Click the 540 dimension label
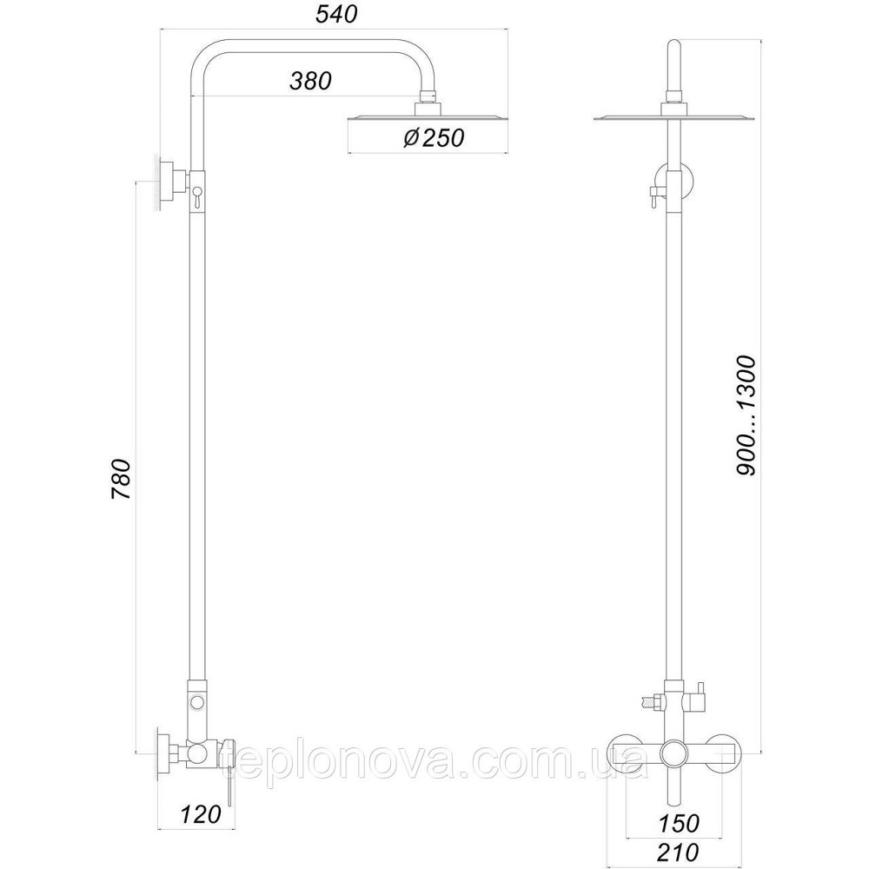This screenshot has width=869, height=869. (336, 15)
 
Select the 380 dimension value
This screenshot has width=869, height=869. (310, 81)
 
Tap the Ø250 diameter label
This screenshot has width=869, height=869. (433, 137)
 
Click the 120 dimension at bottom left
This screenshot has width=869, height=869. (200, 814)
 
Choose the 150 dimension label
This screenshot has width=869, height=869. (680, 823)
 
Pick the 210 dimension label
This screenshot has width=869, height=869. (679, 852)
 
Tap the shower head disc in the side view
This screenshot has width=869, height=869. (428, 118)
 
